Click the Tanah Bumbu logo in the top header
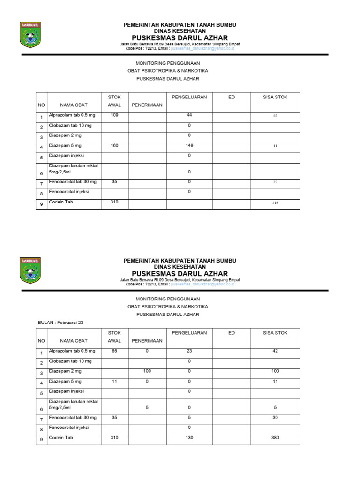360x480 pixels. click(30, 35)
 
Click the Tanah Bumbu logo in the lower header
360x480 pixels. click(30, 270)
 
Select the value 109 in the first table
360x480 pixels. click(114, 115)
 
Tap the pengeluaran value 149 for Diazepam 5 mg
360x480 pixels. click(189, 146)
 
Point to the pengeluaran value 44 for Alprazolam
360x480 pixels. click(189, 115)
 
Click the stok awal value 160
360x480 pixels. click(114, 146)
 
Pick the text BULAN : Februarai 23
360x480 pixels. click(60, 322)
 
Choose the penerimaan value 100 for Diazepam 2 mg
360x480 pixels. click(147, 371)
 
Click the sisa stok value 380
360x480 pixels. click(275, 438)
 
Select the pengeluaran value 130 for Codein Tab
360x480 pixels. click(189, 438)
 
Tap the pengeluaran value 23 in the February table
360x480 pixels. click(189, 351)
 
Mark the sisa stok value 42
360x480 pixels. click(275, 351)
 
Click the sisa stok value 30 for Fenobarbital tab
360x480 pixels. click(275, 417)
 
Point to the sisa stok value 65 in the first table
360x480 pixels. click(275, 115)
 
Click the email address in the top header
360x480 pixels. click(202, 48)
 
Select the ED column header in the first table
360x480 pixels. click(232, 97)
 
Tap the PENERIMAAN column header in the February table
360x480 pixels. click(147, 341)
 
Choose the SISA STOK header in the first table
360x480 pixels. click(275, 97)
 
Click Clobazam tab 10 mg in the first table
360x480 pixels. click(70, 126)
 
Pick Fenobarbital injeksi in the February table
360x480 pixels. click(69, 427)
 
